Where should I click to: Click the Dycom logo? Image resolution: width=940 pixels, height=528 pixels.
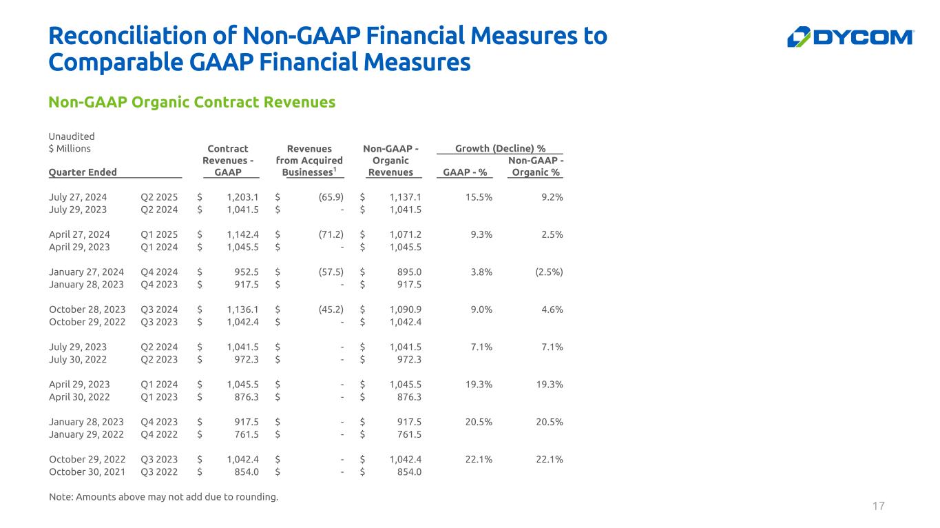point(850,37)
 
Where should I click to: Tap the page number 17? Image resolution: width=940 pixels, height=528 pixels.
point(878,507)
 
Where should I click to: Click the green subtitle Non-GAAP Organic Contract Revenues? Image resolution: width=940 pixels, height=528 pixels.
point(191,102)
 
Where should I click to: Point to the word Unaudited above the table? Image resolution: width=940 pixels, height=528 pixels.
point(72,136)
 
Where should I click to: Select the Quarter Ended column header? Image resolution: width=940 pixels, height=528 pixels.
point(83,172)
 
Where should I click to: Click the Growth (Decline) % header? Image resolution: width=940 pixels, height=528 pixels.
point(500,148)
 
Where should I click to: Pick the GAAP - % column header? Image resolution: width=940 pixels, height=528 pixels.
point(465,172)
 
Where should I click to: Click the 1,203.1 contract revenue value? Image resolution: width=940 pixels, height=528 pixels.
point(242,197)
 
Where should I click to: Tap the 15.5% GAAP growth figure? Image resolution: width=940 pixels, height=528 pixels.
point(479,197)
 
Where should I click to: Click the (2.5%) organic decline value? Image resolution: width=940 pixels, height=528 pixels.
point(549,272)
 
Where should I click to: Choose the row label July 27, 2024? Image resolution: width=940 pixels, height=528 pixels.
point(79,197)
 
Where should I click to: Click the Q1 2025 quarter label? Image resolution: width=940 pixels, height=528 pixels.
point(159,234)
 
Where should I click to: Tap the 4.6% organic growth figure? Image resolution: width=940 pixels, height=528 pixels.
point(552,309)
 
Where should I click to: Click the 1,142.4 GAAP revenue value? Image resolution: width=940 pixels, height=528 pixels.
point(242,234)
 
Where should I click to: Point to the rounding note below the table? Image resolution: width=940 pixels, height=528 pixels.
point(164,497)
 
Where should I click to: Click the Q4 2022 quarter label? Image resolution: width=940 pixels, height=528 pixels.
point(159,434)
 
